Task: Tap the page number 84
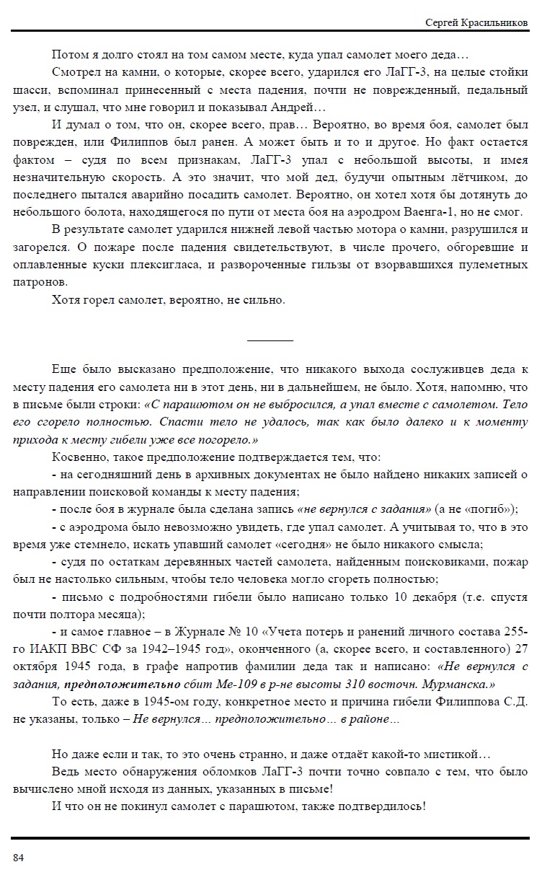point(19,857)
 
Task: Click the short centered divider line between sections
point(270,339)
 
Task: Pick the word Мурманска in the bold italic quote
point(446,683)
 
